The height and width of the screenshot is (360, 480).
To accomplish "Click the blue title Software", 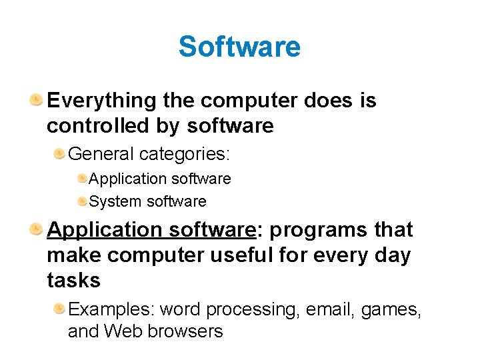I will (239, 47).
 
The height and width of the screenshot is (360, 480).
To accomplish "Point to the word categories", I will (185, 154).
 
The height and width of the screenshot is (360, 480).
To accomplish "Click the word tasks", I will (73, 280).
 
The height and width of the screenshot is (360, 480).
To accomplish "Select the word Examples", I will (111, 309).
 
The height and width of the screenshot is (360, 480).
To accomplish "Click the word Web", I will (121, 331).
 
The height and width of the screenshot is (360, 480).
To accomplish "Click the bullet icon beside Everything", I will (36, 101).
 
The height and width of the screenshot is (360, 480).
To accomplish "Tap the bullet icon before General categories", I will (59, 155).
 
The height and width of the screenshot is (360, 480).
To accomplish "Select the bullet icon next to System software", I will (81, 201).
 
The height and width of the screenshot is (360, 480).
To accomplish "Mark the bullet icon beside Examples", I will (59, 309).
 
